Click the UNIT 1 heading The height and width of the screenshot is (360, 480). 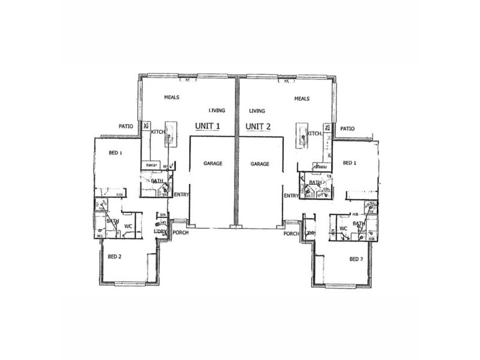point(209,127)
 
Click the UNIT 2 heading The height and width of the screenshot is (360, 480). point(260,127)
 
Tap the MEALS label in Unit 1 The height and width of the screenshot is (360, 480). point(173,97)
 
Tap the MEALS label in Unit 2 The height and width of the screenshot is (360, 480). point(302,98)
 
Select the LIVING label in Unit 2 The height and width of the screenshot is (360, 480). point(256,111)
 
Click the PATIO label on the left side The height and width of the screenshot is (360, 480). point(125,126)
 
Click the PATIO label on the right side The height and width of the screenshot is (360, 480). point(347,128)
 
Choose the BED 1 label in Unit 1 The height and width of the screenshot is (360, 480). point(115,153)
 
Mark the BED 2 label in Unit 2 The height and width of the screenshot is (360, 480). point(357,259)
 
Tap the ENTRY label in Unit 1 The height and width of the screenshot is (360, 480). point(181,195)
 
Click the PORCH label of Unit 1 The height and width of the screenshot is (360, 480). point(181,233)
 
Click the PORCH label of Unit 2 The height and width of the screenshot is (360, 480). point(292,233)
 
